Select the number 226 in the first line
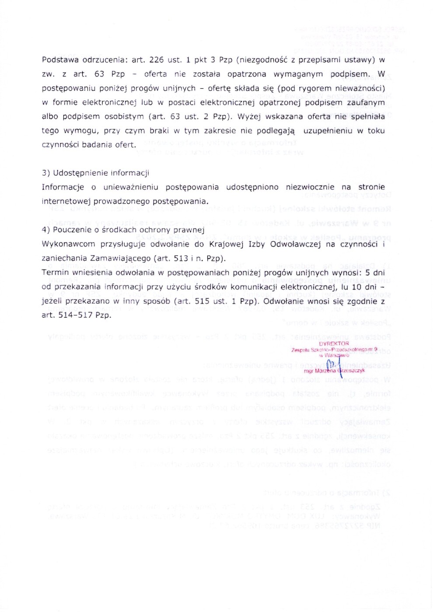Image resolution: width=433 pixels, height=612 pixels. (x=157, y=60)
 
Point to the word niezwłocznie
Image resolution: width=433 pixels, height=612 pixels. (x=310, y=187)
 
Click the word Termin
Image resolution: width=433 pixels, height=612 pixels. (x=55, y=273)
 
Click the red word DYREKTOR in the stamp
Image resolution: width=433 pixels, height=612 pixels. (x=334, y=344)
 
